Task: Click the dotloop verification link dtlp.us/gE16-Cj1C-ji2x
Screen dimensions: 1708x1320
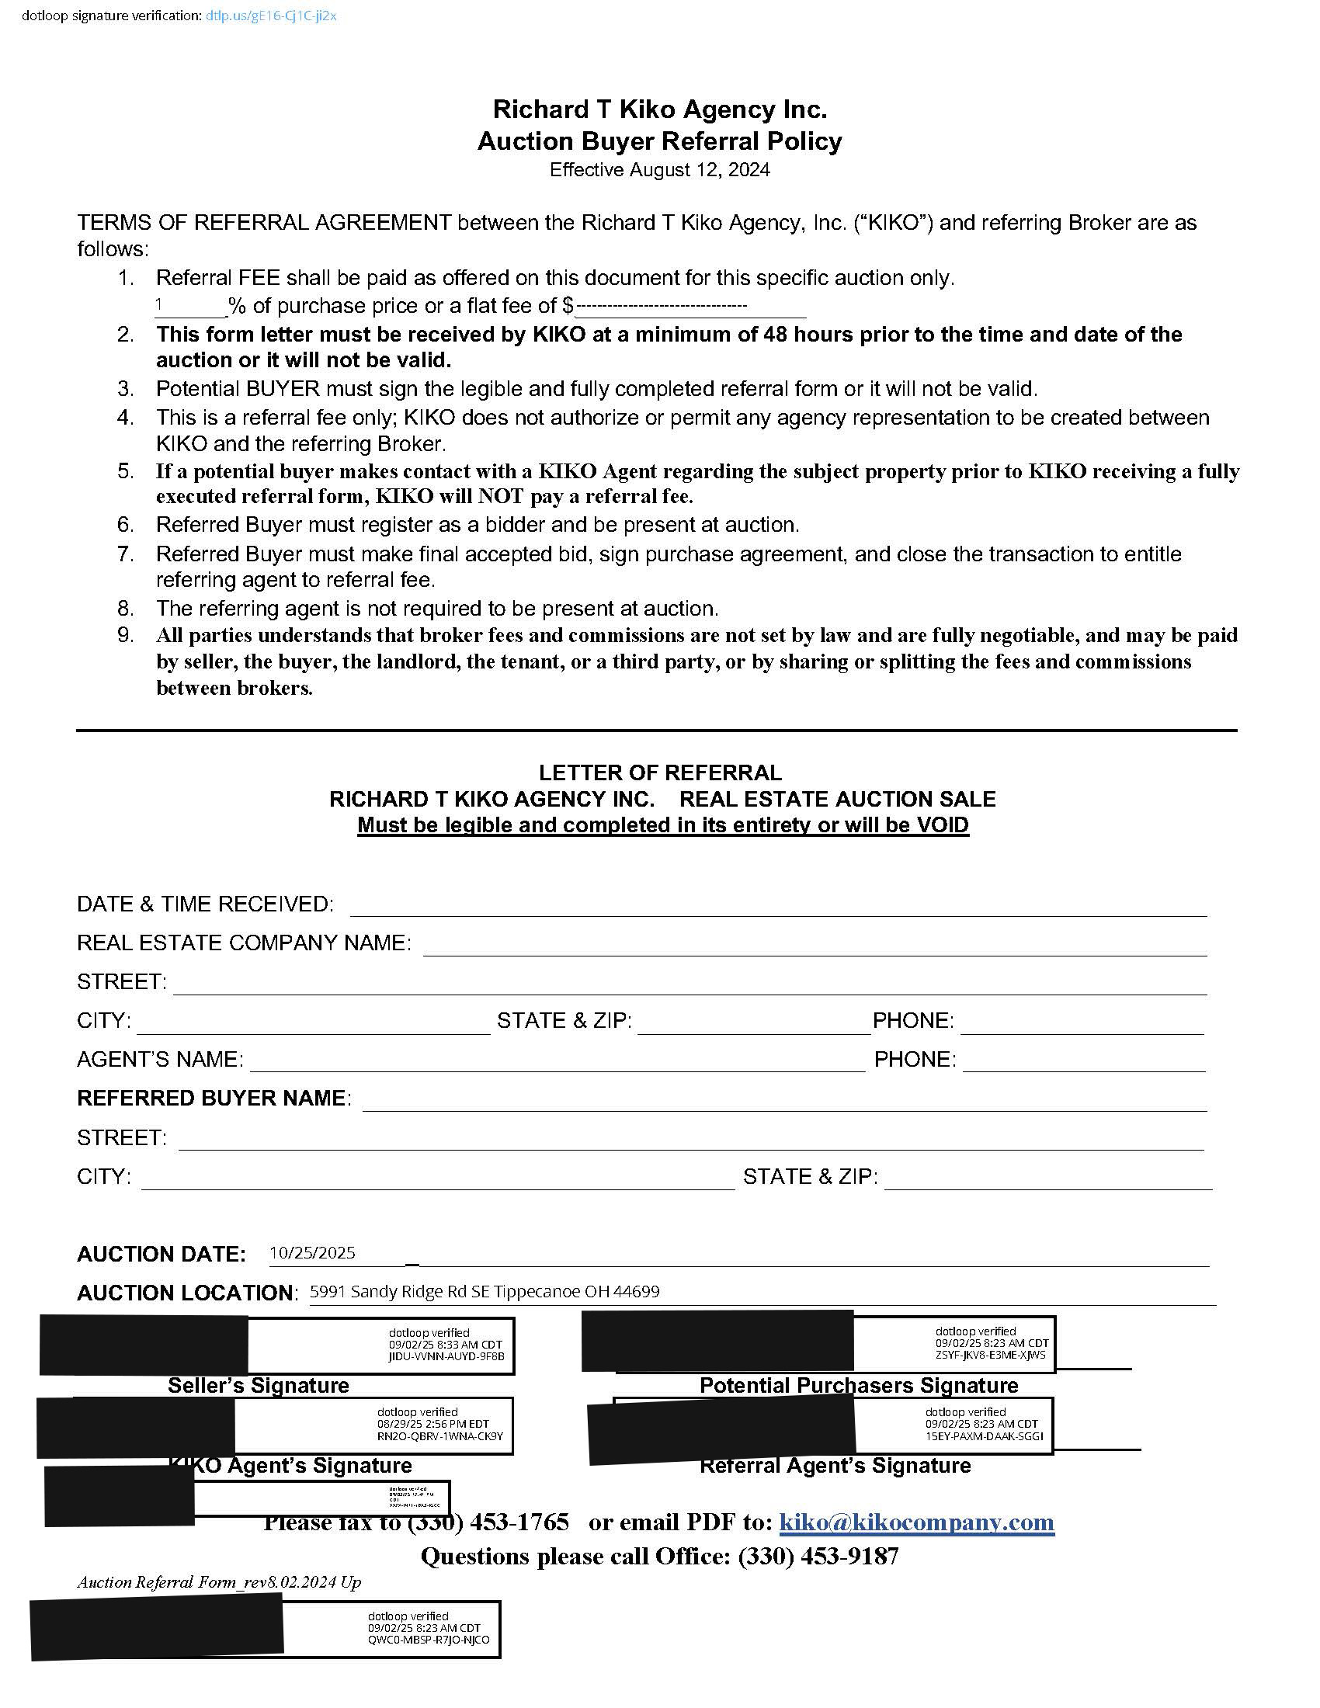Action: point(270,16)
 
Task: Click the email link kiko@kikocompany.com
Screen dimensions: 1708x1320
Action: point(916,1522)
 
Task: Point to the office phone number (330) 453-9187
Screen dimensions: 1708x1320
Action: point(818,1557)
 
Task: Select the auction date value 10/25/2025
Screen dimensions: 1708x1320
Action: point(312,1253)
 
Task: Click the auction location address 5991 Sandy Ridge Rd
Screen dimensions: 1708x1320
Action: point(484,1291)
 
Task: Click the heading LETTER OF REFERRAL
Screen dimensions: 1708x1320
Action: point(660,772)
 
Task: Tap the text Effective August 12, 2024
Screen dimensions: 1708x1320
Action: point(659,170)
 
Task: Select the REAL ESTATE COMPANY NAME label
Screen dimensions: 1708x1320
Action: point(243,943)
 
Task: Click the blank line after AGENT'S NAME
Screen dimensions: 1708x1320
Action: point(557,1061)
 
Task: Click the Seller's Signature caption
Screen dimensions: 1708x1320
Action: point(258,1385)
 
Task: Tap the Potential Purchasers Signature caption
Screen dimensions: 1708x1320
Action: point(859,1385)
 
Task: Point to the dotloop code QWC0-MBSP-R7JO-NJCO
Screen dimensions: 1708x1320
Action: point(429,1639)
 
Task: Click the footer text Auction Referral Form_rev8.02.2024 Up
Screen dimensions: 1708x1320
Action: point(219,1582)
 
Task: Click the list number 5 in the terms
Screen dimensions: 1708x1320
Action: point(126,471)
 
